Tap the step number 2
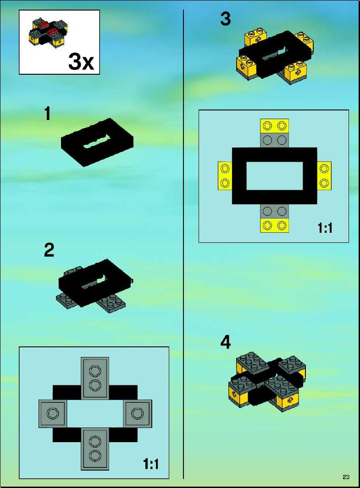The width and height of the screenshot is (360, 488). tap(49, 250)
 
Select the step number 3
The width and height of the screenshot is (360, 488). tap(226, 18)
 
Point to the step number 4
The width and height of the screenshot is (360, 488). tap(226, 342)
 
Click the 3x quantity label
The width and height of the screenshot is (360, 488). tap(81, 61)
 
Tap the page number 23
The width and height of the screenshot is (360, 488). tap(346, 477)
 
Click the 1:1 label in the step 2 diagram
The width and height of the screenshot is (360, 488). tap(151, 464)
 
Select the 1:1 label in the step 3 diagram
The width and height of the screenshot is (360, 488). tap(325, 228)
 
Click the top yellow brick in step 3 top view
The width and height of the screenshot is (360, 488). tap(274, 126)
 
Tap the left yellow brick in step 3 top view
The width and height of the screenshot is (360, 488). tap(225, 176)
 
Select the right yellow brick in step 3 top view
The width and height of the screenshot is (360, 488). tap(324, 176)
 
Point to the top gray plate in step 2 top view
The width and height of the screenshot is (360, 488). tap(94, 378)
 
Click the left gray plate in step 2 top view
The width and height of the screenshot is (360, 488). tap(53, 413)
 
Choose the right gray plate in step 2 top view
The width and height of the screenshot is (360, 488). tap(137, 413)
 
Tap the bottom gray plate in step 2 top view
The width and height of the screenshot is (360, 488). tap(94, 449)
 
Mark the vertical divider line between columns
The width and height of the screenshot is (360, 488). tap(183, 244)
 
